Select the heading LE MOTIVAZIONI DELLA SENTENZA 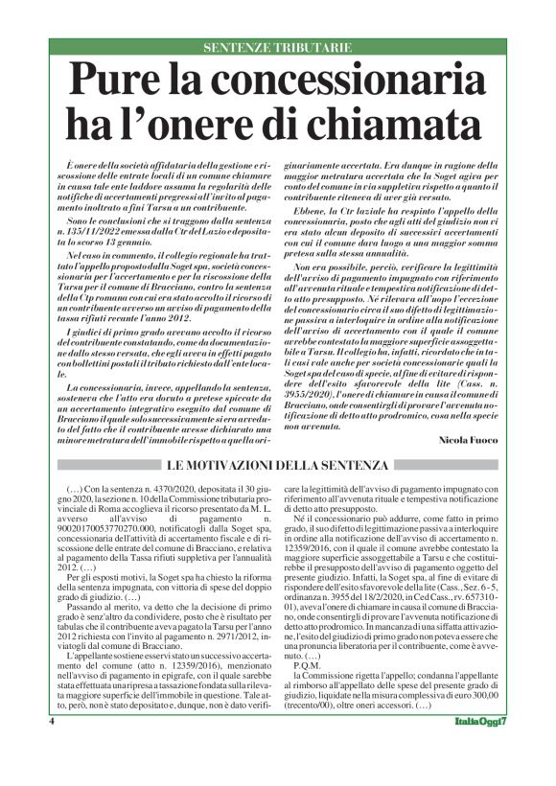pyautogui.click(x=278, y=466)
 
